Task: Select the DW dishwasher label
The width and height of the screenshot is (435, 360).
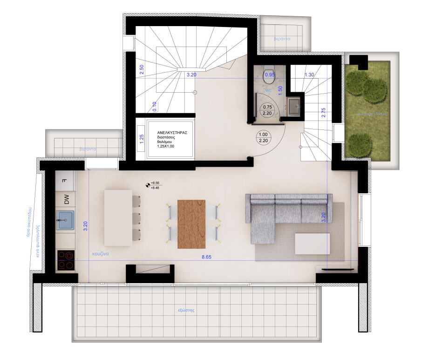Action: tap(67, 200)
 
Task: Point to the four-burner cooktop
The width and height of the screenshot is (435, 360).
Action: tap(66, 260)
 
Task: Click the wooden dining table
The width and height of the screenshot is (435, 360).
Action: tap(191, 224)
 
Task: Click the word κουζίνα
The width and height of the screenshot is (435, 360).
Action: tap(100, 254)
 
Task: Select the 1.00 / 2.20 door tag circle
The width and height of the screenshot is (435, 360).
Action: tap(263, 137)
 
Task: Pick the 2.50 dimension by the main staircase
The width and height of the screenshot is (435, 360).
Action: tap(142, 70)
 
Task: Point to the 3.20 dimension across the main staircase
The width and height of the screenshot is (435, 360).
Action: tap(191, 74)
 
